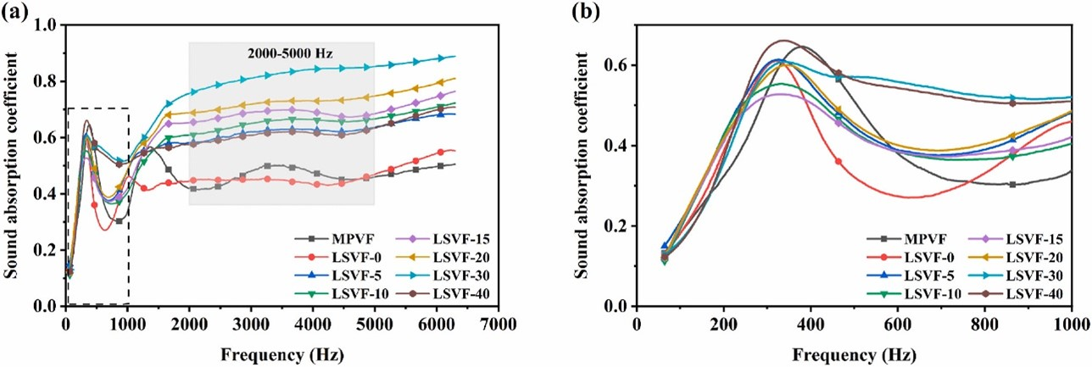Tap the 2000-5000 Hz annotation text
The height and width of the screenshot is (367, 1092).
coord(282,53)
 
